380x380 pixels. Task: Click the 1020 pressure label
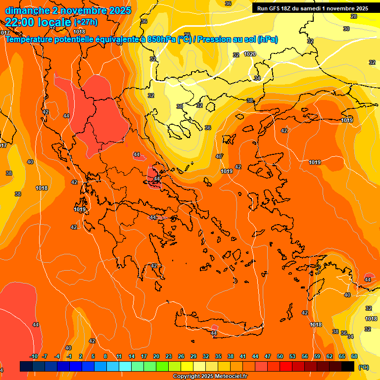point(250,54)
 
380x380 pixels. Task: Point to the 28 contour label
point(353,16)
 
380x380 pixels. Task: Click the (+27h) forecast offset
point(86,22)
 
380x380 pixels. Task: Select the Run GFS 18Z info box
point(312,8)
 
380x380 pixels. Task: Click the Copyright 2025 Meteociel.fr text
point(210,377)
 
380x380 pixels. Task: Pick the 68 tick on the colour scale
point(354,356)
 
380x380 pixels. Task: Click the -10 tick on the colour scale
point(34,356)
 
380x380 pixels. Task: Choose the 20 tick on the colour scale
point(156,356)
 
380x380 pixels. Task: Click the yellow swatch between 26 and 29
point(187,366)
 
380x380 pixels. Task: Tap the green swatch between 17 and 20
point(150,366)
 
